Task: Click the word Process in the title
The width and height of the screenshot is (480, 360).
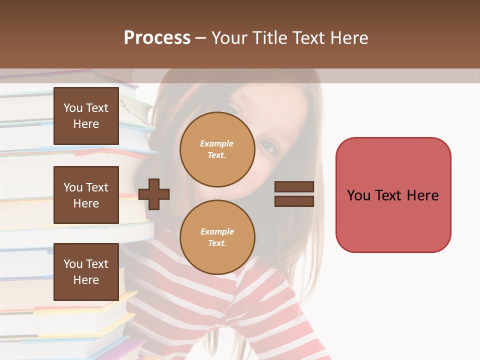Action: [157, 38]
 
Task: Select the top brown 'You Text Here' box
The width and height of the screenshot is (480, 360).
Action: [86, 116]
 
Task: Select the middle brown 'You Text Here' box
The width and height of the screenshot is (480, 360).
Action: [86, 195]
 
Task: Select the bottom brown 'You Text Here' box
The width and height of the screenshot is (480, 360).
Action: [86, 272]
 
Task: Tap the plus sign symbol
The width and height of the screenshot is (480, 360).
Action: [154, 193]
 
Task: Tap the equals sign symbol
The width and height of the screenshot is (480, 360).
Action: [294, 194]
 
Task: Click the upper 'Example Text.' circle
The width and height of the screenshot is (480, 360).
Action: [217, 149]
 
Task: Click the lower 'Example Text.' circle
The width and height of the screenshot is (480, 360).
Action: [217, 237]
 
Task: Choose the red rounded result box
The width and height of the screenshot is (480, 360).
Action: [393, 195]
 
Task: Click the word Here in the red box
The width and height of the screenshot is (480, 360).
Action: [422, 195]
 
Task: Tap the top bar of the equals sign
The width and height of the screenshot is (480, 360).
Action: [294, 187]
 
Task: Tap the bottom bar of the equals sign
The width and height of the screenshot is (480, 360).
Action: [294, 201]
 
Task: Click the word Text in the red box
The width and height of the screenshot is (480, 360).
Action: [388, 195]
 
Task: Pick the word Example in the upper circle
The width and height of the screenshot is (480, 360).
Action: [217, 143]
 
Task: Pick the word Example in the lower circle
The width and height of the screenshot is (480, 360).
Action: [217, 231]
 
